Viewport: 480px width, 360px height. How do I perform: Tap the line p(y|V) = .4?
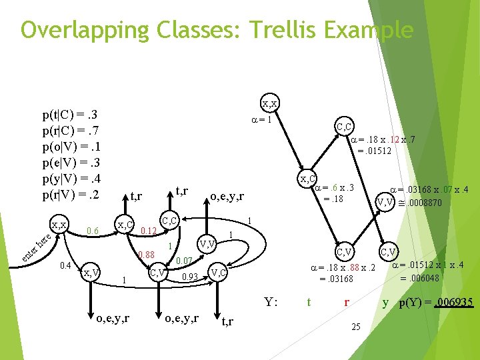point(70,180)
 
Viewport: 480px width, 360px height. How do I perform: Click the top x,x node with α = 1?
point(270,103)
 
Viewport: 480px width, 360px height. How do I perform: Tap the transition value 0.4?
point(65,266)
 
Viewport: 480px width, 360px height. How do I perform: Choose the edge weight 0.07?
point(184,260)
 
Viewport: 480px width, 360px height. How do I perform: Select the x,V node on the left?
point(91,272)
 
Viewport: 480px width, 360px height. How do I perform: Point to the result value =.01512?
point(374,151)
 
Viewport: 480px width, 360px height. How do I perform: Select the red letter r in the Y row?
point(346,301)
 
